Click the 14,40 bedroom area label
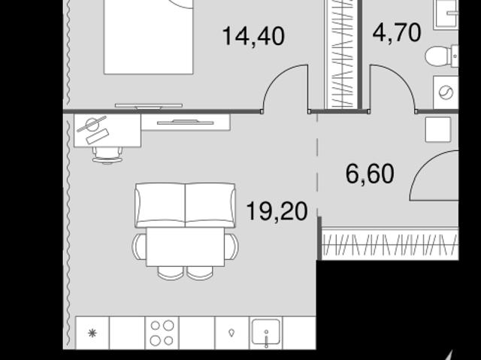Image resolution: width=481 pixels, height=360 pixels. pos(253,37)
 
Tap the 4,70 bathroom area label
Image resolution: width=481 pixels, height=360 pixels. pos(397,32)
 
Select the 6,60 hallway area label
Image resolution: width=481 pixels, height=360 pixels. pos(370,174)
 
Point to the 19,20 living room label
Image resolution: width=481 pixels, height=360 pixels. pos(277,211)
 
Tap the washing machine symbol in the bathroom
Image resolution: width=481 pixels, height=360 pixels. pos(446,92)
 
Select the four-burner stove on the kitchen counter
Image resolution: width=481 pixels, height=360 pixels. pos(162,333)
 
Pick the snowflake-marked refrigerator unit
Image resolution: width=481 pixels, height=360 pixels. pos(92,333)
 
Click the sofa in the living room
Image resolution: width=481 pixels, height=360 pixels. pos(185,205)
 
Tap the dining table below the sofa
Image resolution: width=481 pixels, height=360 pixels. pos(186,247)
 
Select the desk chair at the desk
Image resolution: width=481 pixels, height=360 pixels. pos(107,155)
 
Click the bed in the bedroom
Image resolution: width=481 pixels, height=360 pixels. pos(149,37)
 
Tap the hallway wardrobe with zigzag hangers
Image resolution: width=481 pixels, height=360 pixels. pos(390,244)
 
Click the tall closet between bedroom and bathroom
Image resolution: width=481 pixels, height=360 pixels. pos(341,54)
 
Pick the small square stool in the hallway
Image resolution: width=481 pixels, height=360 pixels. pos(438,129)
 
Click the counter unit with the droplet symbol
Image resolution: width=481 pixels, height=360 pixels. pos(232,333)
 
